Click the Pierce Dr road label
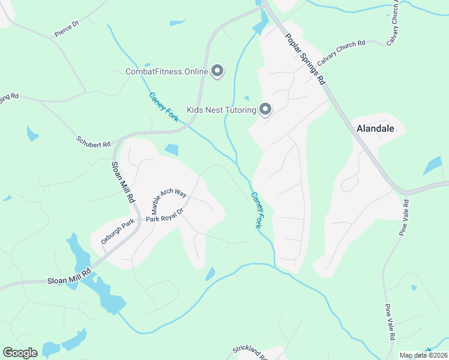(x=67, y=29)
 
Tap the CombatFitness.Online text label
(x=166, y=72)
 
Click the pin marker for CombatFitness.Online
(x=217, y=71)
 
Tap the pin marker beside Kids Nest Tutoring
(x=265, y=109)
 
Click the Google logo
(x=20, y=353)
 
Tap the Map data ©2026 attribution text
(x=423, y=355)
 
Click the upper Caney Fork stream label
(x=163, y=107)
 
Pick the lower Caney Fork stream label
(x=256, y=210)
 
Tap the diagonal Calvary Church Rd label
(x=341, y=52)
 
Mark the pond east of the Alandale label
(x=432, y=165)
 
